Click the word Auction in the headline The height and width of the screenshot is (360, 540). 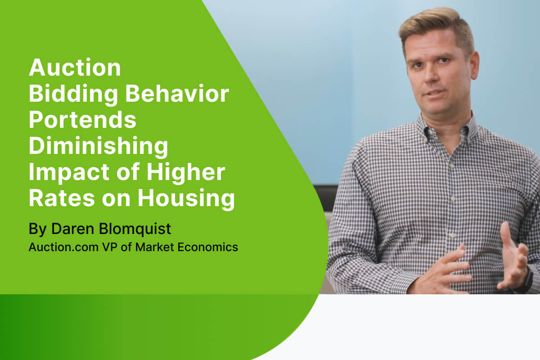coord(75,67)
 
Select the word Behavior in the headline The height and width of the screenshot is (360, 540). coord(177,94)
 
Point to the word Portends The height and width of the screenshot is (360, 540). coord(83,120)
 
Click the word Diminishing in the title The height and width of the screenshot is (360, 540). coord(99,147)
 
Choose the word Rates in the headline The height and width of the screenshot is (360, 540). coord(62,198)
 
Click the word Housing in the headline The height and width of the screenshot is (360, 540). coord(186,199)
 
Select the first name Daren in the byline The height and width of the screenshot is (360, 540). coord(72,229)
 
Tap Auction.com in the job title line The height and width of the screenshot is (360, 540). coord(63,247)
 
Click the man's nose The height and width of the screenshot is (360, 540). coord(432,75)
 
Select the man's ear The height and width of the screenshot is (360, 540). coord(474,66)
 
